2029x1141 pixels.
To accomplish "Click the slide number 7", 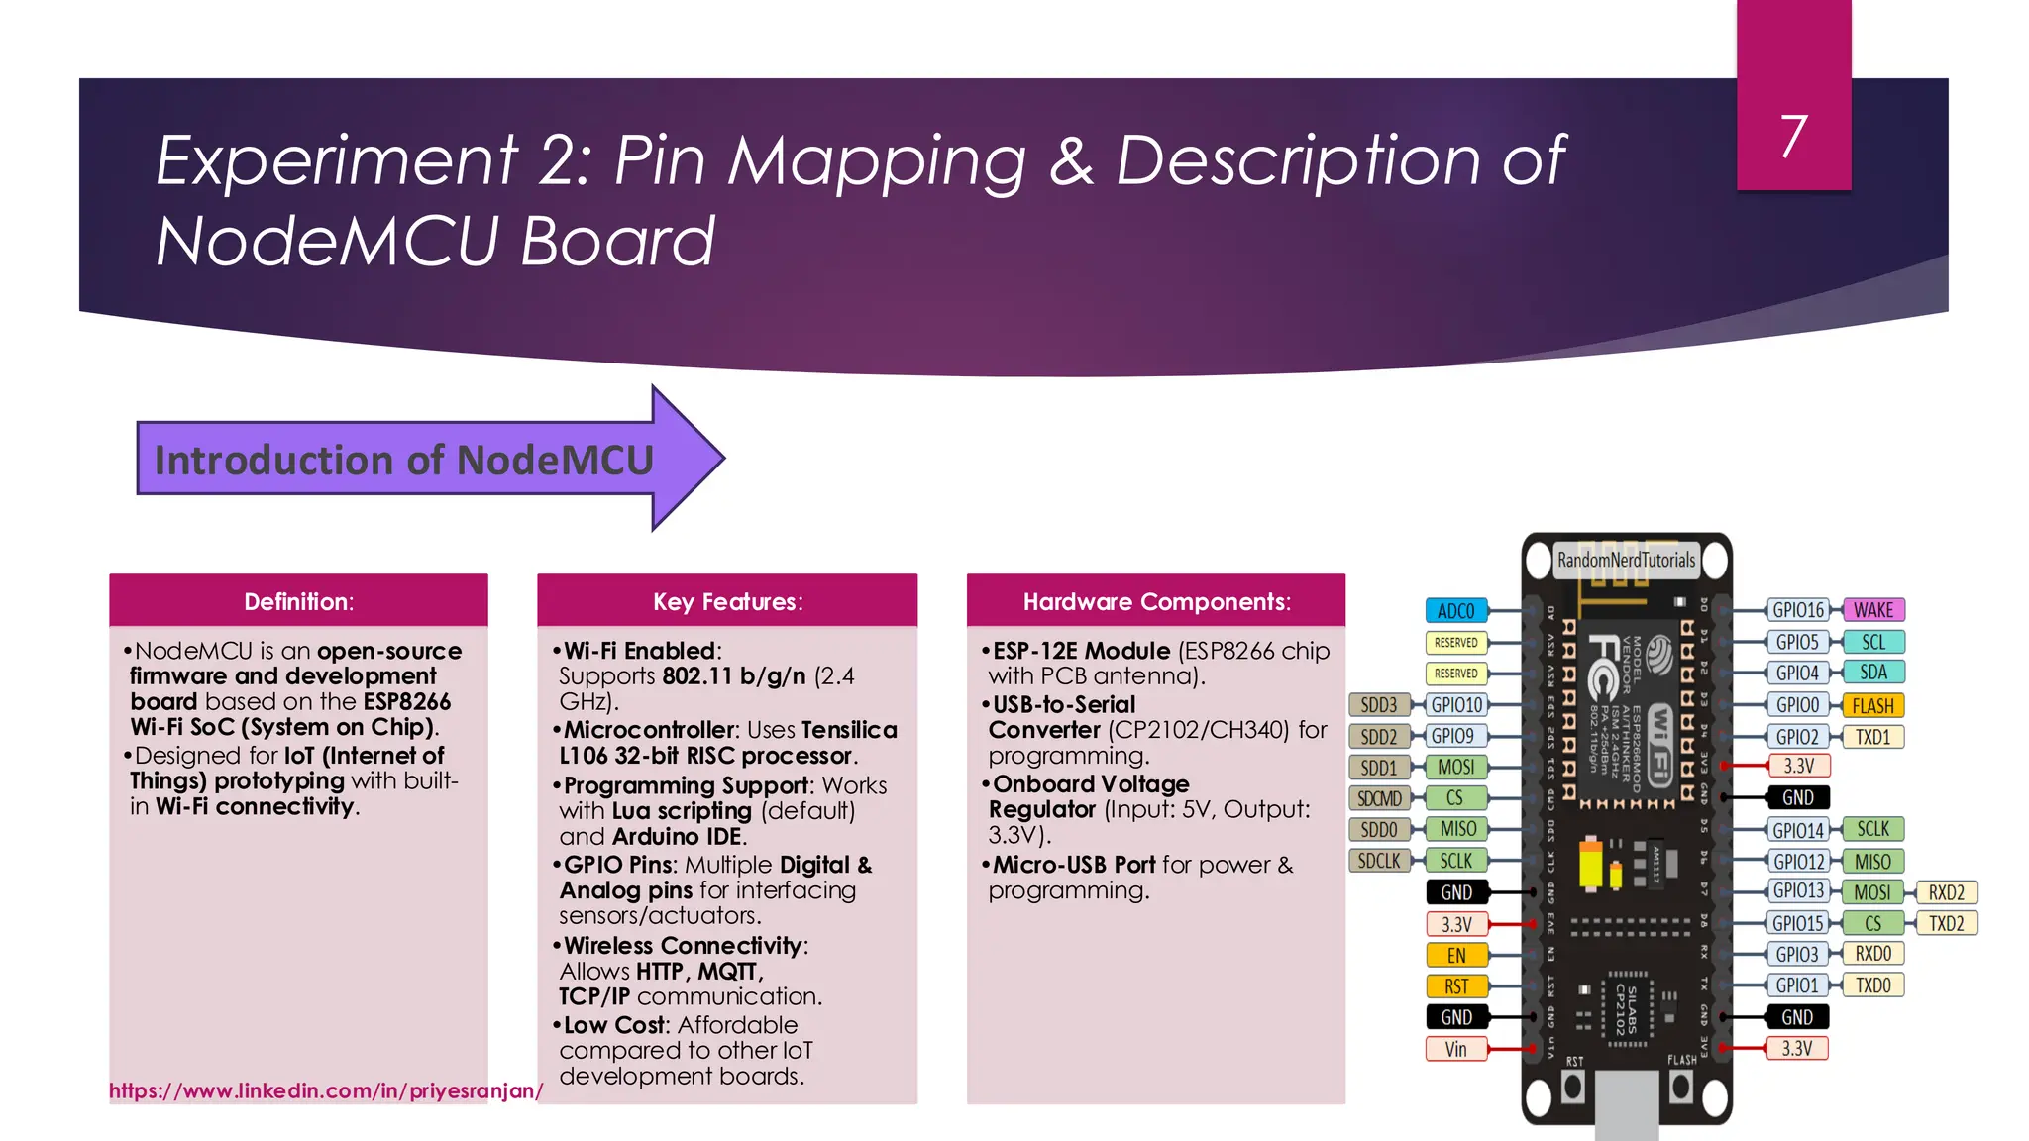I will point(1793,136).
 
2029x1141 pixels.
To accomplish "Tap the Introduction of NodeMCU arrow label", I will point(404,460).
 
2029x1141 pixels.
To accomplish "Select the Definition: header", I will point(298,601).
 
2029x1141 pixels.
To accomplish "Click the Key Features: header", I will point(727,601).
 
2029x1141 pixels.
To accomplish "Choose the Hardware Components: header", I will point(1156,601).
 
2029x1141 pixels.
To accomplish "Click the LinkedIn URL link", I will point(326,1090).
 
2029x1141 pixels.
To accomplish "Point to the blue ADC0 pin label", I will point(1455,611).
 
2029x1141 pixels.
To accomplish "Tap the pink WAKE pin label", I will point(1873,610).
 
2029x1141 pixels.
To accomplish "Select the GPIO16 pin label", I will point(1797,610).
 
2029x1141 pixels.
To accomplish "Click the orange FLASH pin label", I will point(1872,705).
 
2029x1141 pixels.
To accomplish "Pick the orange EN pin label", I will point(1455,955).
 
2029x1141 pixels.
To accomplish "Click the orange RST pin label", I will point(1455,986).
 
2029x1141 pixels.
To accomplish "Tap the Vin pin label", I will point(1455,1049).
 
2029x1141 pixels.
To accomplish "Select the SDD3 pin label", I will point(1378,705).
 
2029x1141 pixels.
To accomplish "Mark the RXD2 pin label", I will point(1946,892).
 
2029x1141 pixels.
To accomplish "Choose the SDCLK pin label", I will point(1378,861).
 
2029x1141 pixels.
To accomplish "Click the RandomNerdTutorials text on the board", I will point(1626,560).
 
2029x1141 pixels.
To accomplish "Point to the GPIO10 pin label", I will point(1455,705).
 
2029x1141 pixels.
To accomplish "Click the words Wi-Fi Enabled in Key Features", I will point(640,651).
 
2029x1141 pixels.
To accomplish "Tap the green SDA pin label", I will point(1872,673).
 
